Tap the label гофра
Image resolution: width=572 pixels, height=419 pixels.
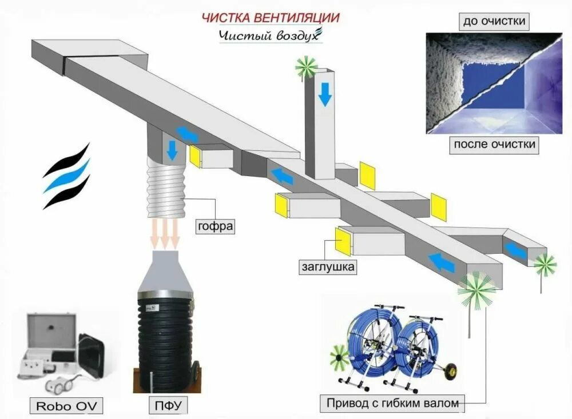[x=216, y=225]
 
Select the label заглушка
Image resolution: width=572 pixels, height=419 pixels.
[x=328, y=266]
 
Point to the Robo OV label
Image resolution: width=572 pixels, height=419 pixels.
[x=67, y=406]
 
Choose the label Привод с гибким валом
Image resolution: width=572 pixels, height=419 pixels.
[x=392, y=403]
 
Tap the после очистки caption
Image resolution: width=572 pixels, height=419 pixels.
[x=494, y=143]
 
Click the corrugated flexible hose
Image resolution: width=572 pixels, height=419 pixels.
[x=166, y=189]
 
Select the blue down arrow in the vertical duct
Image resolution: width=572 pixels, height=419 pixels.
[x=325, y=93]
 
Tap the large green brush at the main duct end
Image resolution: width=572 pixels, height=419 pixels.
[x=476, y=290]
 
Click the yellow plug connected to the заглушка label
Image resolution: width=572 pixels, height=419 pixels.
[x=343, y=241]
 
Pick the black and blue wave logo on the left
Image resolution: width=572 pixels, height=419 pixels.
[x=67, y=176]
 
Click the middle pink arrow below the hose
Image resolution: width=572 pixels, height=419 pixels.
[x=166, y=234]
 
